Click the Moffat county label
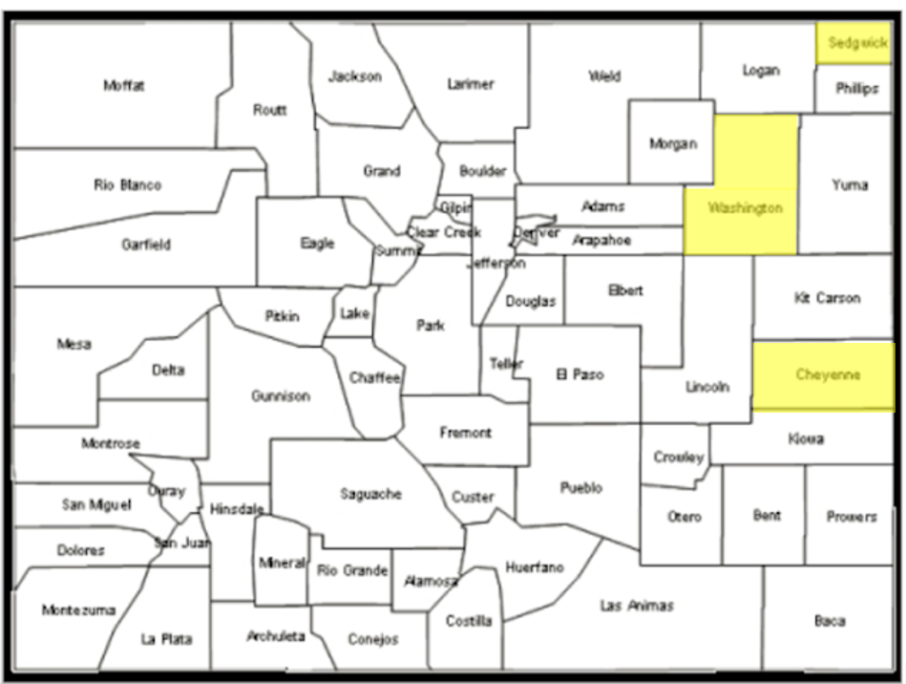[x=124, y=86]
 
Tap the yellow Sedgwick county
[x=853, y=43]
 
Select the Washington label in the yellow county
[x=745, y=208]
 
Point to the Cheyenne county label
[x=828, y=375]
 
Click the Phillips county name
[x=856, y=89]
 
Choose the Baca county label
[x=830, y=621]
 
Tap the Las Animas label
[x=636, y=606]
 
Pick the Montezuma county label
[x=78, y=610]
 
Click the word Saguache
[x=370, y=494]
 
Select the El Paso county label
[x=579, y=375]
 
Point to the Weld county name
[x=604, y=76]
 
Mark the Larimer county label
[x=471, y=84]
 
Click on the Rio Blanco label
[x=127, y=185]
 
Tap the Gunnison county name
[x=281, y=395]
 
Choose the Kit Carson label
[x=827, y=298]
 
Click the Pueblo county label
[x=580, y=488]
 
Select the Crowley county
[x=679, y=458]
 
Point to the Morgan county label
[x=673, y=144]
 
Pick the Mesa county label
[x=74, y=345]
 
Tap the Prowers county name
[x=852, y=517]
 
